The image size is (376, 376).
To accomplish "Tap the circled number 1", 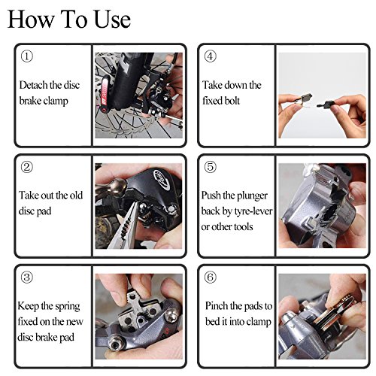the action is tap(26, 56).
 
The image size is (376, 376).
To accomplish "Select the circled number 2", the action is tap(26, 167).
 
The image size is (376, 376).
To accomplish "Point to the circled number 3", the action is tap(26, 277).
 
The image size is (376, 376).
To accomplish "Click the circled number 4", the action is tap(210, 56).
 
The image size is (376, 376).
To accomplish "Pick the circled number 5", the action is tap(210, 167).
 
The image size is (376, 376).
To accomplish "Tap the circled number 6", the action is tap(210, 277).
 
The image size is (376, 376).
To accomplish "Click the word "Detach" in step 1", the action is tap(33, 85).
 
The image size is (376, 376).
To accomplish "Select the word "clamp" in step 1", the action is tap(56, 102).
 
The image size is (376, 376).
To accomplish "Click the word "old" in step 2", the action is tap(76, 196).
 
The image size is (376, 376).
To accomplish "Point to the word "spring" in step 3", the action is tap(67, 307).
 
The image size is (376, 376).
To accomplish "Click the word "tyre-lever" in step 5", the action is tap(254, 211).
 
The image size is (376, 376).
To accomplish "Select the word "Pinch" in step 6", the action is tap(216, 306).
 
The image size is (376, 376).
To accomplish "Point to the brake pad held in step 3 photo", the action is tap(138, 310).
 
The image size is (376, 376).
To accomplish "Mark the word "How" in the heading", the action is tap(31, 20).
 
